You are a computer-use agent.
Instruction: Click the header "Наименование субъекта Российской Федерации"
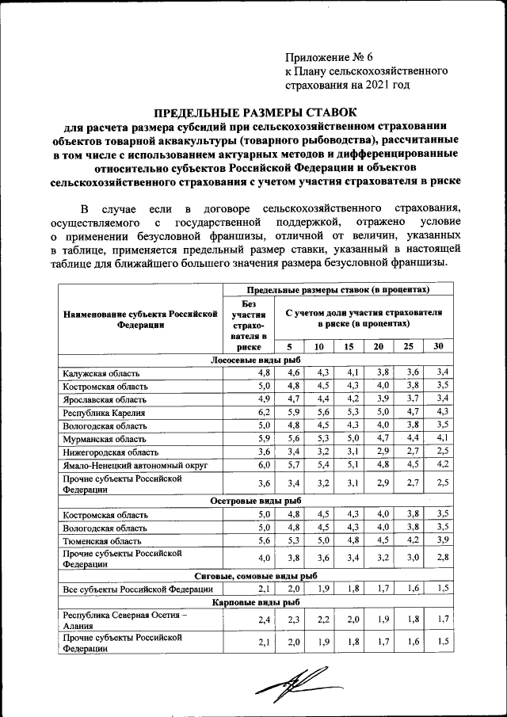tap(139, 318)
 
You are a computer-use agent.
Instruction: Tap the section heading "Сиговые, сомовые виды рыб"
tap(256, 576)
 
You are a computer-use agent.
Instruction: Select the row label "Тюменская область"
tap(99, 541)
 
